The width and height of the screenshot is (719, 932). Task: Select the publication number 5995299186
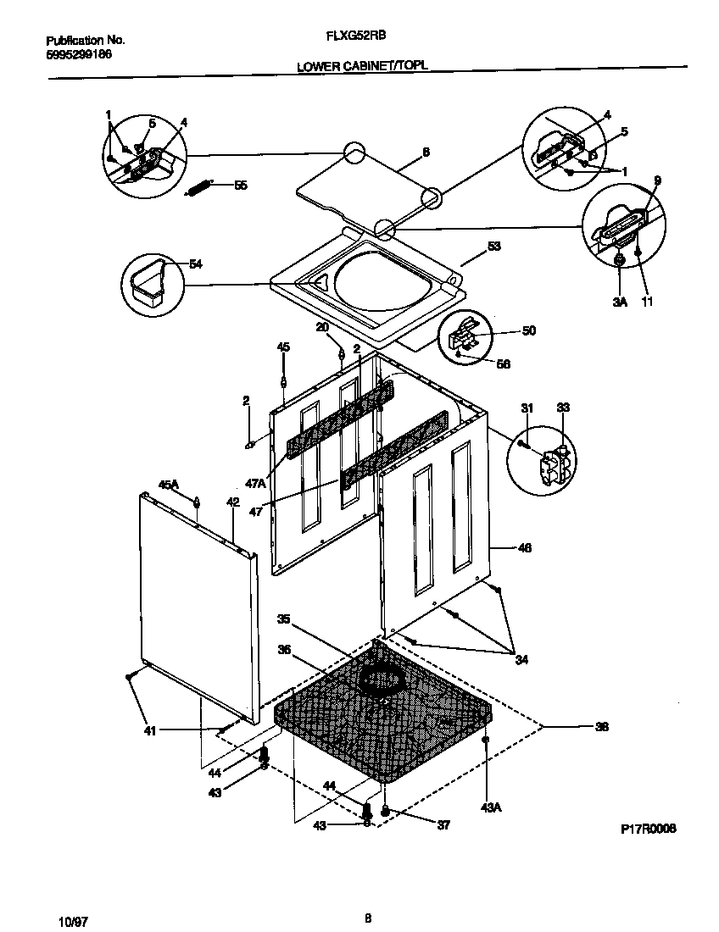[x=77, y=54]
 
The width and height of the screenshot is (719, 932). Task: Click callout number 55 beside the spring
[x=241, y=185]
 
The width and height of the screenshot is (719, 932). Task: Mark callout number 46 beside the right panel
[x=525, y=548]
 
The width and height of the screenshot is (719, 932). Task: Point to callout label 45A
[x=169, y=485]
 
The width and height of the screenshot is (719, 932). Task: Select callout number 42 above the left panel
[x=233, y=502]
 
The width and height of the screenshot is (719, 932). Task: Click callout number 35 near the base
[x=284, y=619]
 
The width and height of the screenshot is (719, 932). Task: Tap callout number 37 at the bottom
[x=443, y=825]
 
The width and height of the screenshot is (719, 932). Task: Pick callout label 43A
[x=491, y=807]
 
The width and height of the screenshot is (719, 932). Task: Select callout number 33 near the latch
[x=563, y=408]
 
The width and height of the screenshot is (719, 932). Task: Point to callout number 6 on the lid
[x=426, y=153]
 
